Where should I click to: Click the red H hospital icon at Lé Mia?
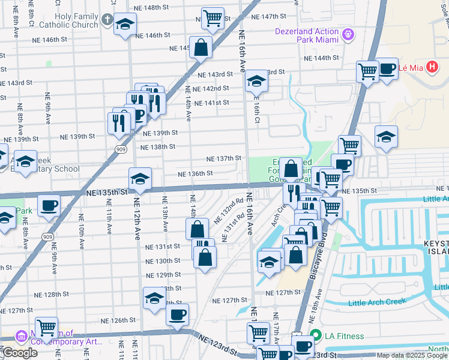[431, 67]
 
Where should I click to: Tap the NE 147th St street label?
[269, 16]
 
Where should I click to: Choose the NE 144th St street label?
[322, 58]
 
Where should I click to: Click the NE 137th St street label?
[224, 159]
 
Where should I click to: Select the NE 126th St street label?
[128, 320]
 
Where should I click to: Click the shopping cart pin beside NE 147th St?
[212, 19]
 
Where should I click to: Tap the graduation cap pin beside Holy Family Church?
[125, 24]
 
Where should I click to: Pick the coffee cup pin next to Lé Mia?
[387, 69]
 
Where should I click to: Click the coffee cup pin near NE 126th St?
[177, 314]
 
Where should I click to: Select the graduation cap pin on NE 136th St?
[140, 178]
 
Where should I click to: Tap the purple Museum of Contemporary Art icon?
[22, 337]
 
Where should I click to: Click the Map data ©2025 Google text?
[412, 355]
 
